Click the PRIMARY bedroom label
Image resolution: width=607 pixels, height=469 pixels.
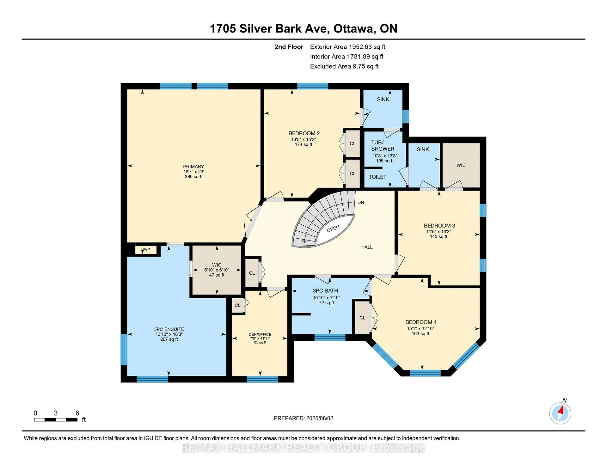click(193, 167)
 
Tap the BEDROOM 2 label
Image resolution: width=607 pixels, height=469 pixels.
click(304, 133)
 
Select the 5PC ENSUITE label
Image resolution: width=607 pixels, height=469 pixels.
click(169, 329)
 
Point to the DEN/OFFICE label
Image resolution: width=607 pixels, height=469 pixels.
click(260, 334)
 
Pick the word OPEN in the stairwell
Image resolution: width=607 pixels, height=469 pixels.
click(333, 228)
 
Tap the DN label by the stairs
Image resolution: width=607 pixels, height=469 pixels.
click(361, 203)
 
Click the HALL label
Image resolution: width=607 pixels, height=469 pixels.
click(367, 247)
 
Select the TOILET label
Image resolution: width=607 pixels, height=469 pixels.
click(377, 177)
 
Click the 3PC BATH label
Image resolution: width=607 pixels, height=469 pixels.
click(325, 291)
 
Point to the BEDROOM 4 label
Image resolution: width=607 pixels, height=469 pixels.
click(421, 322)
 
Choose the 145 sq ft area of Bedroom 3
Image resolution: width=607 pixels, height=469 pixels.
click(438, 237)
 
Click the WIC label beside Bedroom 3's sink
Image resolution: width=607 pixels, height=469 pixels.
click(461, 165)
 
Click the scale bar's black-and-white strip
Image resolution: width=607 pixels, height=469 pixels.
click(56, 420)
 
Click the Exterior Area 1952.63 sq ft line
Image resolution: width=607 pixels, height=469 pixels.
click(348, 47)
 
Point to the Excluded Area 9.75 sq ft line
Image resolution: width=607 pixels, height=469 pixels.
click(344, 66)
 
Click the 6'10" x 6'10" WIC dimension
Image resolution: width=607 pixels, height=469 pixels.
click(217, 270)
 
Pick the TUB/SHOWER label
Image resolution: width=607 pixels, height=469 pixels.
click(383, 146)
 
